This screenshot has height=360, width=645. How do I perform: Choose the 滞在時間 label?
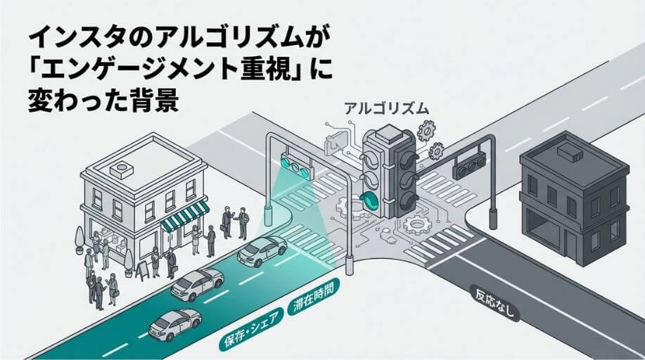click(314, 295)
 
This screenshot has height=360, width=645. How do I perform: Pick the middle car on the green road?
click(196, 284)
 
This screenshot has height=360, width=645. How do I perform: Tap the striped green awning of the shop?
click(184, 216)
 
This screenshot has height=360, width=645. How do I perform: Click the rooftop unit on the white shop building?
click(124, 169)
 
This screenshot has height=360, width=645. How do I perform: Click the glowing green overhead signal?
click(296, 165)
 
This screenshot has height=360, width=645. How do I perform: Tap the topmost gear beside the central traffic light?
click(426, 130)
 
